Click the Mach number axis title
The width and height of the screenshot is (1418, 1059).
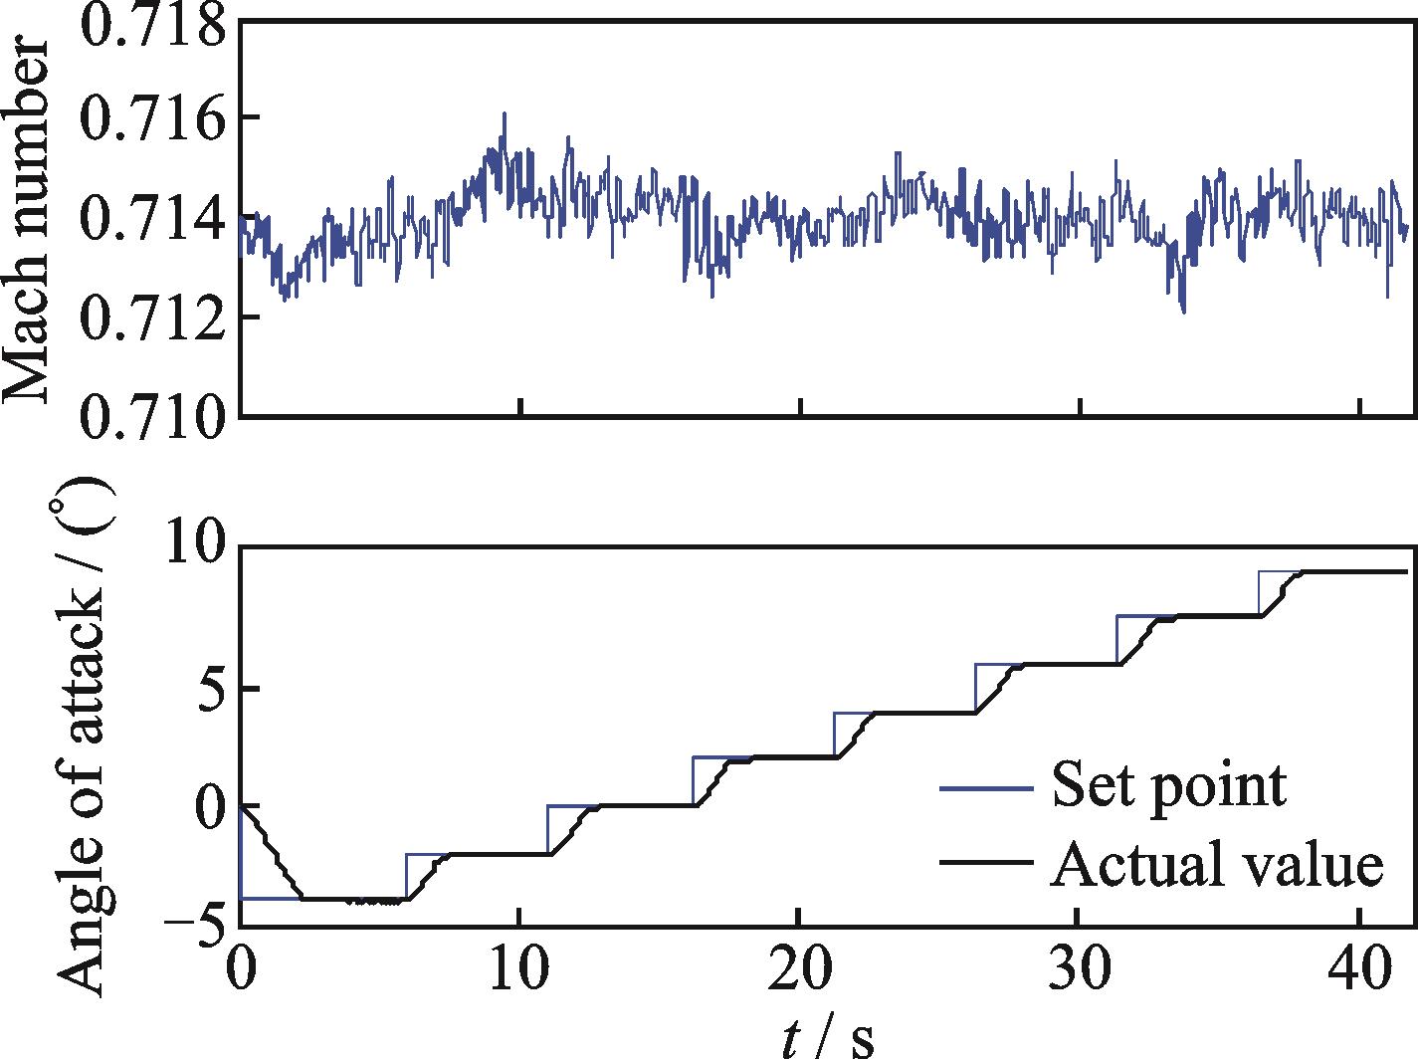pyautogui.click(x=28, y=221)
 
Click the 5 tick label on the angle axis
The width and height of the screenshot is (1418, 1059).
pyautogui.click(x=209, y=689)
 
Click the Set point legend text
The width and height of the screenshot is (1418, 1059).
pyautogui.click(x=1168, y=786)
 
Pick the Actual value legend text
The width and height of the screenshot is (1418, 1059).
pyautogui.click(x=1216, y=864)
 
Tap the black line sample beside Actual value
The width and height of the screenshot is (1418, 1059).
pyautogui.click(x=984, y=865)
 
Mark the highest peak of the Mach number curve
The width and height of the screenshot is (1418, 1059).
pyautogui.click(x=505, y=113)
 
